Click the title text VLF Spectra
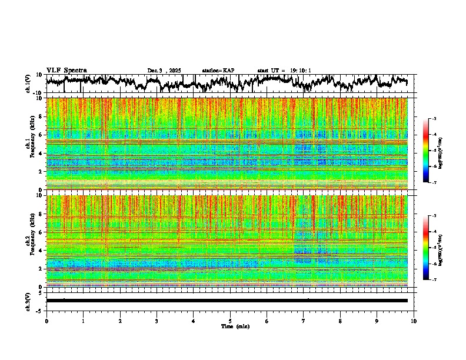pos(66,70)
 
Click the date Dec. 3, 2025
pos(164,71)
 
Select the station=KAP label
pos(218,71)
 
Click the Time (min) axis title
pos(230,326)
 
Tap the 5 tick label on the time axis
pos(230,321)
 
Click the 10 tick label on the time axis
pos(414,321)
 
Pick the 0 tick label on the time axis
pos(46,321)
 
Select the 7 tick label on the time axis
pos(304,321)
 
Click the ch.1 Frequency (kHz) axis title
pos(29,144)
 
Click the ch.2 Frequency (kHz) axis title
pos(29,241)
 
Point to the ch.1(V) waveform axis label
pos(28,84)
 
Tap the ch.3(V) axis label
pos(28,301)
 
